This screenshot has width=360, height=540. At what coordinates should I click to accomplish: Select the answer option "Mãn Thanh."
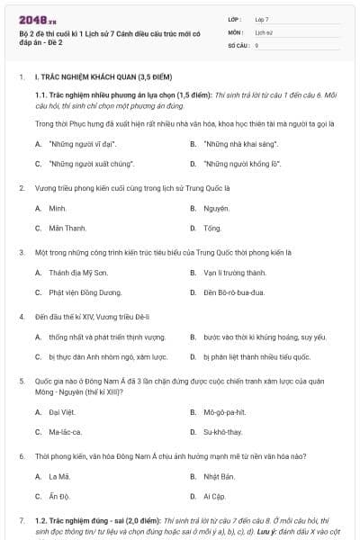[x=67, y=228]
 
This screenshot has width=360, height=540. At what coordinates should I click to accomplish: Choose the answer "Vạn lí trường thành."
[x=235, y=272]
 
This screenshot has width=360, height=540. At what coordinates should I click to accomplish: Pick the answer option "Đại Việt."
[x=62, y=412]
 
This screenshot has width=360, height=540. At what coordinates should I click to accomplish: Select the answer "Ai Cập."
[x=216, y=496]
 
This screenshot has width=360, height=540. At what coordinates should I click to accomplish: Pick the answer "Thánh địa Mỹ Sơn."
[x=78, y=272]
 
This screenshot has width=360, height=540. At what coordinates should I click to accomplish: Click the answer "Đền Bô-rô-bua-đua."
[x=236, y=292]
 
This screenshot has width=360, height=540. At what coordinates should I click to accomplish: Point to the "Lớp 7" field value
[x=262, y=19]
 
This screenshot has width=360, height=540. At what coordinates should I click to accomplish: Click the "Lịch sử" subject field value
[x=263, y=31]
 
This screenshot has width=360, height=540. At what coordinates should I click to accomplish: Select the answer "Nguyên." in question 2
[x=217, y=208]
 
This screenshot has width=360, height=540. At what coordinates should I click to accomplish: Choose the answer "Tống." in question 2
[x=212, y=228]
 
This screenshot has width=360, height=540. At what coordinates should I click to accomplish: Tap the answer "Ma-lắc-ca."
[x=66, y=432]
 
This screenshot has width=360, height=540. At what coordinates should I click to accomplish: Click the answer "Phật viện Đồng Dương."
[x=85, y=292]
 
